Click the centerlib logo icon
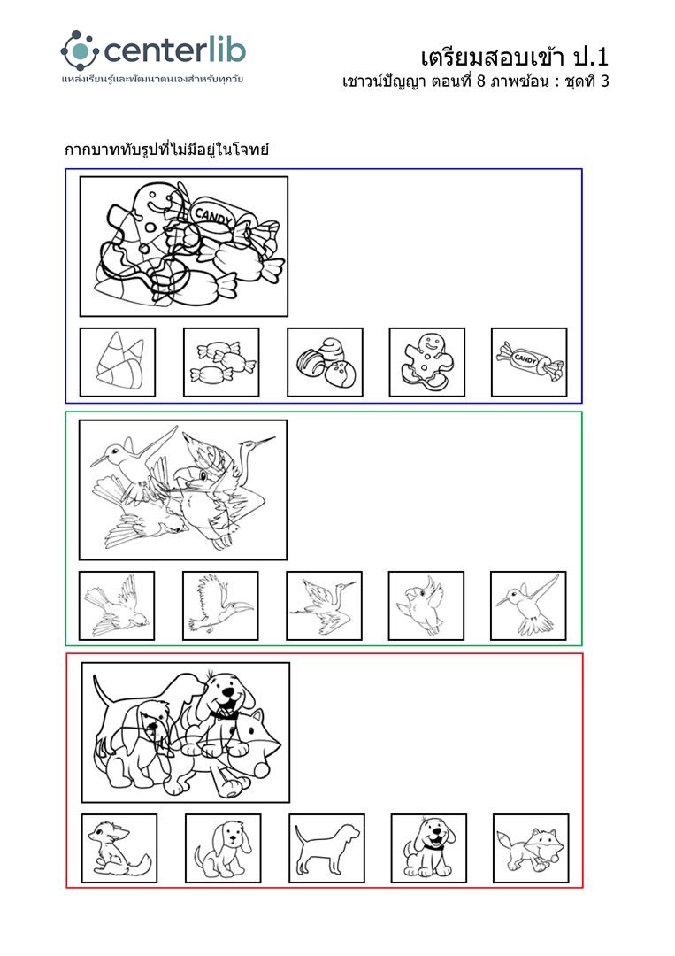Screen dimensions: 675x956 [x=80, y=50]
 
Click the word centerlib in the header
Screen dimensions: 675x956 [x=175, y=50]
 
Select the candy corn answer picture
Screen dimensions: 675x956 [x=118, y=362]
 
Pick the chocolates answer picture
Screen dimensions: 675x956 [x=325, y=362]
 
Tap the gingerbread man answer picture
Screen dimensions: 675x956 [x=427, y=362]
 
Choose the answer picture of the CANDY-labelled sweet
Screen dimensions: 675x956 [x=529, y=362]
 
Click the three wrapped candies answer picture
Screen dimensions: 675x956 [x=221, y=362]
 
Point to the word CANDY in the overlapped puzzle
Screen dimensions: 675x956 [x=212, y=217]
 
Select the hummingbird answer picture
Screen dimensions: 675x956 [x=528, y=605]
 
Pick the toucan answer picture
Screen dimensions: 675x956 [x=220, y=605]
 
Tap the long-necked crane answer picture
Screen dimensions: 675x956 [x=324, y=605]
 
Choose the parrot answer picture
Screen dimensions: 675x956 [x=426, y=605]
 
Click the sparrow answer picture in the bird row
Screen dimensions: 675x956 [x=117, y=605]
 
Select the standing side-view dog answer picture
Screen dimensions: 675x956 [x=326, y=848]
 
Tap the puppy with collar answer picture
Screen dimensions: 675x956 [x=429, y=848]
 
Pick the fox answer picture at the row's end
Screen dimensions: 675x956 [x=531, y=848]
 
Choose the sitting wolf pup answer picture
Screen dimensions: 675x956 [x=119, y=848]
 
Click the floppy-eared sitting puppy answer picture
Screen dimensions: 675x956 [x=223, y=848]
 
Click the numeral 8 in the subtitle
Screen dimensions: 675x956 [x=480, y=81]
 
